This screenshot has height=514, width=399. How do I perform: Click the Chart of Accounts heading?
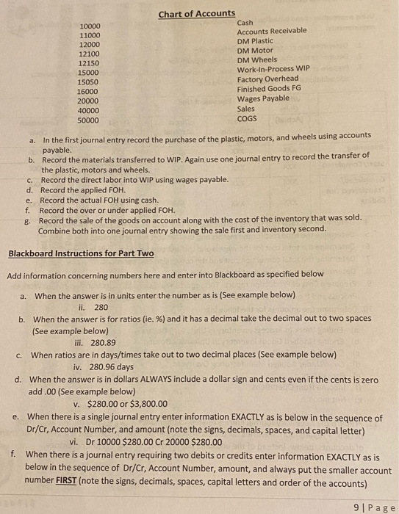point(196,13)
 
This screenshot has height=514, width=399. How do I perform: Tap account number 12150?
point(89,63)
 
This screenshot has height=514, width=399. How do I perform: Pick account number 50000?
point(89,119)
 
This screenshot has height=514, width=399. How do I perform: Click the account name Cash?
point(245,23)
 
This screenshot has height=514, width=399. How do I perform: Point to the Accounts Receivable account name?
point(272,32)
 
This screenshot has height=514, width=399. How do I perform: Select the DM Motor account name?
point(254,51)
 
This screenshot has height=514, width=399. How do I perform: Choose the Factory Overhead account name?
point(267,79)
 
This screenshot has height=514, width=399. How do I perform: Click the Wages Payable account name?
point(263,98)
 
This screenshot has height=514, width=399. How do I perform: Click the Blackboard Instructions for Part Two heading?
point(81,253)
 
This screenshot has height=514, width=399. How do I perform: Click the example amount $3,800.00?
point(145,403)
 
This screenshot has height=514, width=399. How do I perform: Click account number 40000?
point(89,109)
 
